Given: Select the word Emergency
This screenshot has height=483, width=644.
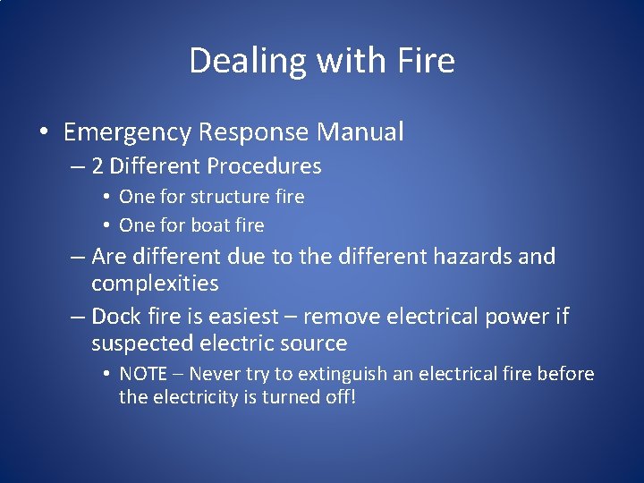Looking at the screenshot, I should pyautogui.click(x=127, y=132).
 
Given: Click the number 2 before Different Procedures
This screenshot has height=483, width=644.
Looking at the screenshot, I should pyautogui.click(x=97, y=166).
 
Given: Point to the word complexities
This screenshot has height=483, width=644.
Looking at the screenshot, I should pyautogui.click(x=155, y=284).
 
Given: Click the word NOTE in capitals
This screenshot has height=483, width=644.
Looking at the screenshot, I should pyautogui.click(x=142, y=374).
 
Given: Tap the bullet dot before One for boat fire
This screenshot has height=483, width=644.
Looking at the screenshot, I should pyautogui.click(x=106, y=225).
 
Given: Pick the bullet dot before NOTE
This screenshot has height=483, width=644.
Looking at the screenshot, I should pyautogui.click(x=106, y=374).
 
